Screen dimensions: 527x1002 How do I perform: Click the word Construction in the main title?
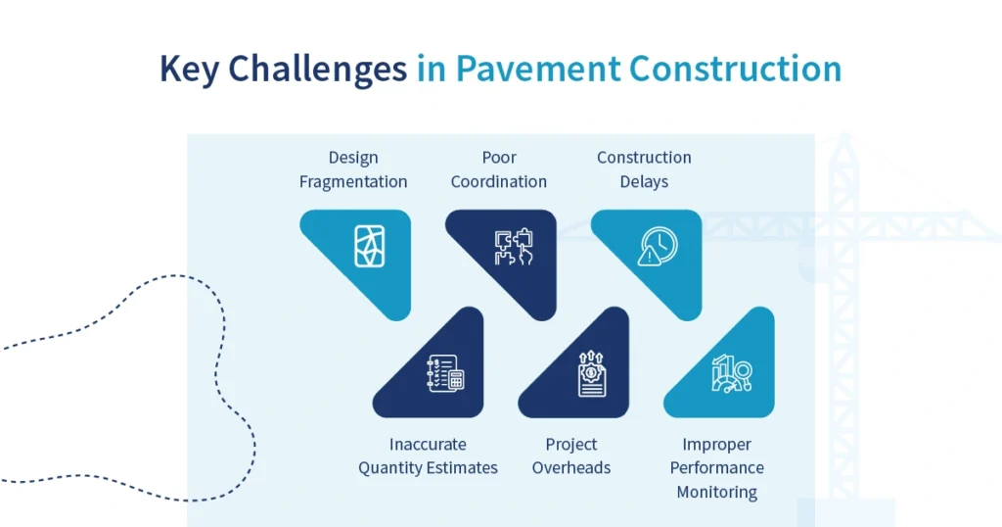[734, 69]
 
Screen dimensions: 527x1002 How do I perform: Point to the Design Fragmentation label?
[353, 169]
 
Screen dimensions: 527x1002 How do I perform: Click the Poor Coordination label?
[499, 169]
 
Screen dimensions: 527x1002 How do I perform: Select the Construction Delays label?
[644, 169]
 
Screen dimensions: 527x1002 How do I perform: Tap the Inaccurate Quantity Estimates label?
[428, 456]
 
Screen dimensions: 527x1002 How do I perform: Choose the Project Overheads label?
[571, 456]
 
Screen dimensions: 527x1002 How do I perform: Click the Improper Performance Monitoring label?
[717, 468]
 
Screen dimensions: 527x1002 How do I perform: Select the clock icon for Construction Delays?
[658, 246]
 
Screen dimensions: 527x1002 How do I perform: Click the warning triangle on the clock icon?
[649, 257]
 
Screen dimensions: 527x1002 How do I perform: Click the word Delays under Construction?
[644, 181]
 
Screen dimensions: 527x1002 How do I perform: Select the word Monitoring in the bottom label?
[717, 492]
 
